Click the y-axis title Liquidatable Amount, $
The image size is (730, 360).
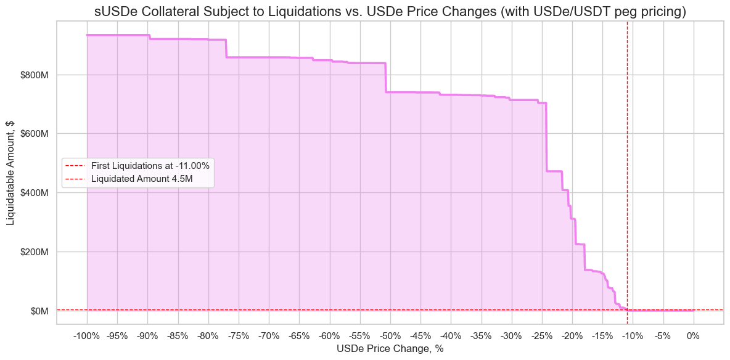[x=10, y=173]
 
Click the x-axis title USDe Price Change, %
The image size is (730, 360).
[x=390, y=349]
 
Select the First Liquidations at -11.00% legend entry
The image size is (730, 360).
[x=150, y=165]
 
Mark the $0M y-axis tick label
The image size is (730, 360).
[x=40, y=311]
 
